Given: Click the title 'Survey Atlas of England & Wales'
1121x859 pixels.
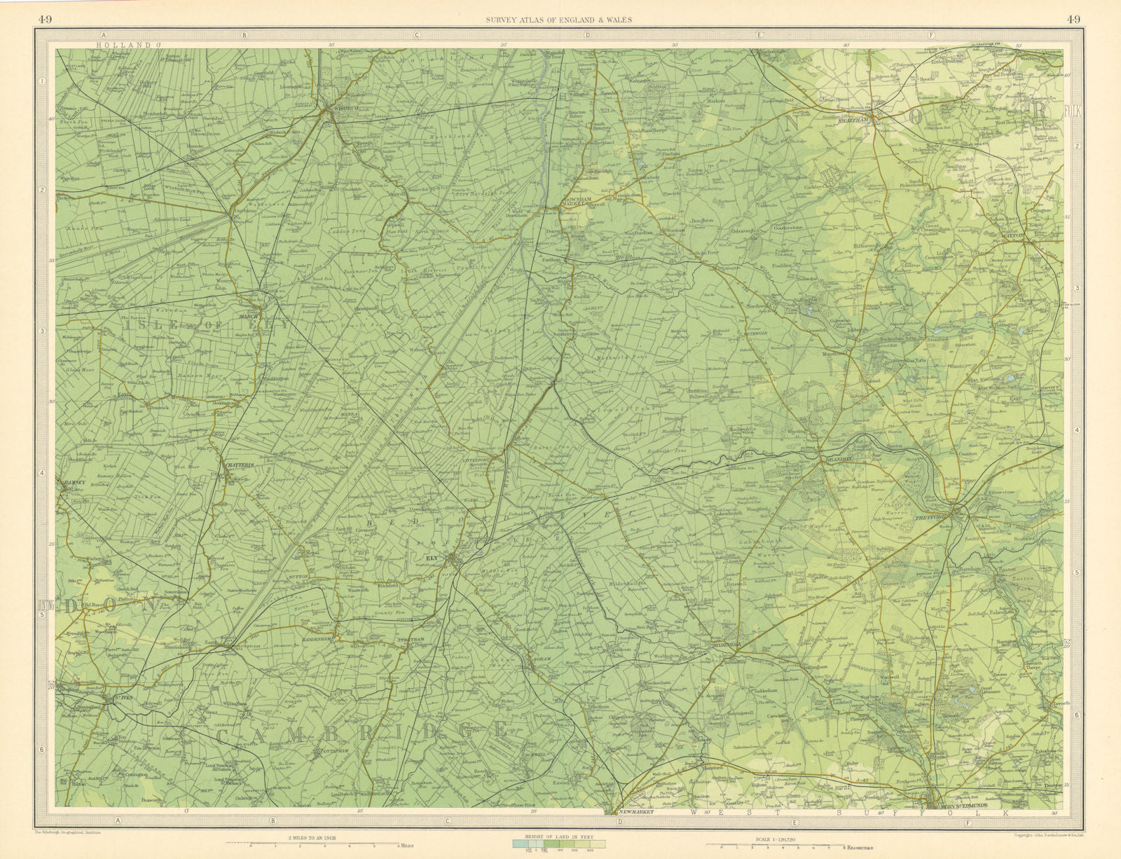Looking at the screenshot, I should click(558, 20).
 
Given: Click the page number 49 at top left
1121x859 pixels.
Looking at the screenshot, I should click(44, 20).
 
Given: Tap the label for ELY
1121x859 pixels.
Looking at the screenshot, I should click(432, 558).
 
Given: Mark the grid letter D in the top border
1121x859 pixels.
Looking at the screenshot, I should click(587, 34).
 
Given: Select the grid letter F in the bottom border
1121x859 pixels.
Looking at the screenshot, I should click(968, 822).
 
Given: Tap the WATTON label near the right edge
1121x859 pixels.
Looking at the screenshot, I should click(1036, 237).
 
